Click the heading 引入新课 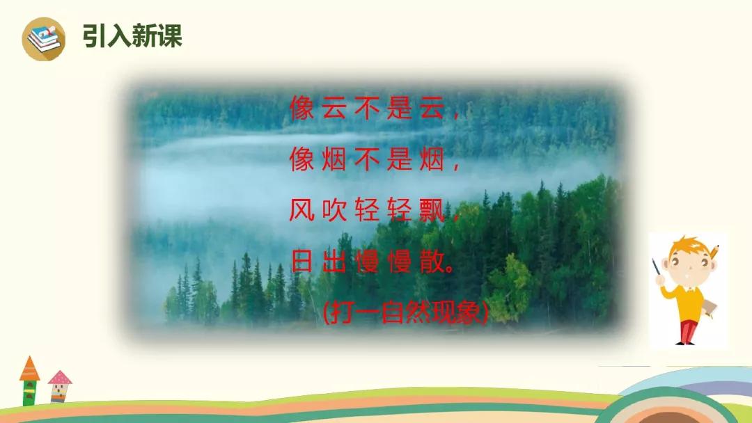[x=132, y=36]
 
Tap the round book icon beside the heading [x=44, y=39]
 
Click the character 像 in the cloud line [x=302, y=107]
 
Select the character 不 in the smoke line [x=367, y=159]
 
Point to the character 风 [x=302, y=210]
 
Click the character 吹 [x=334, y=210]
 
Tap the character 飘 [x=432, y=210]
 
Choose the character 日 [x=302, y=261]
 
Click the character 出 [x=334, y=261]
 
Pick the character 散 [x=432, y=261]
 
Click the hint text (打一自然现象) [x=406, y=313]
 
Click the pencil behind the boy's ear [x=714, y=252]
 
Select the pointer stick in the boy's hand [x=657, y=273]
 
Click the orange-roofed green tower [x=29, y=381]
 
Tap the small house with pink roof [x=59, y=386]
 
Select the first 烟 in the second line [x=334, y=159]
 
